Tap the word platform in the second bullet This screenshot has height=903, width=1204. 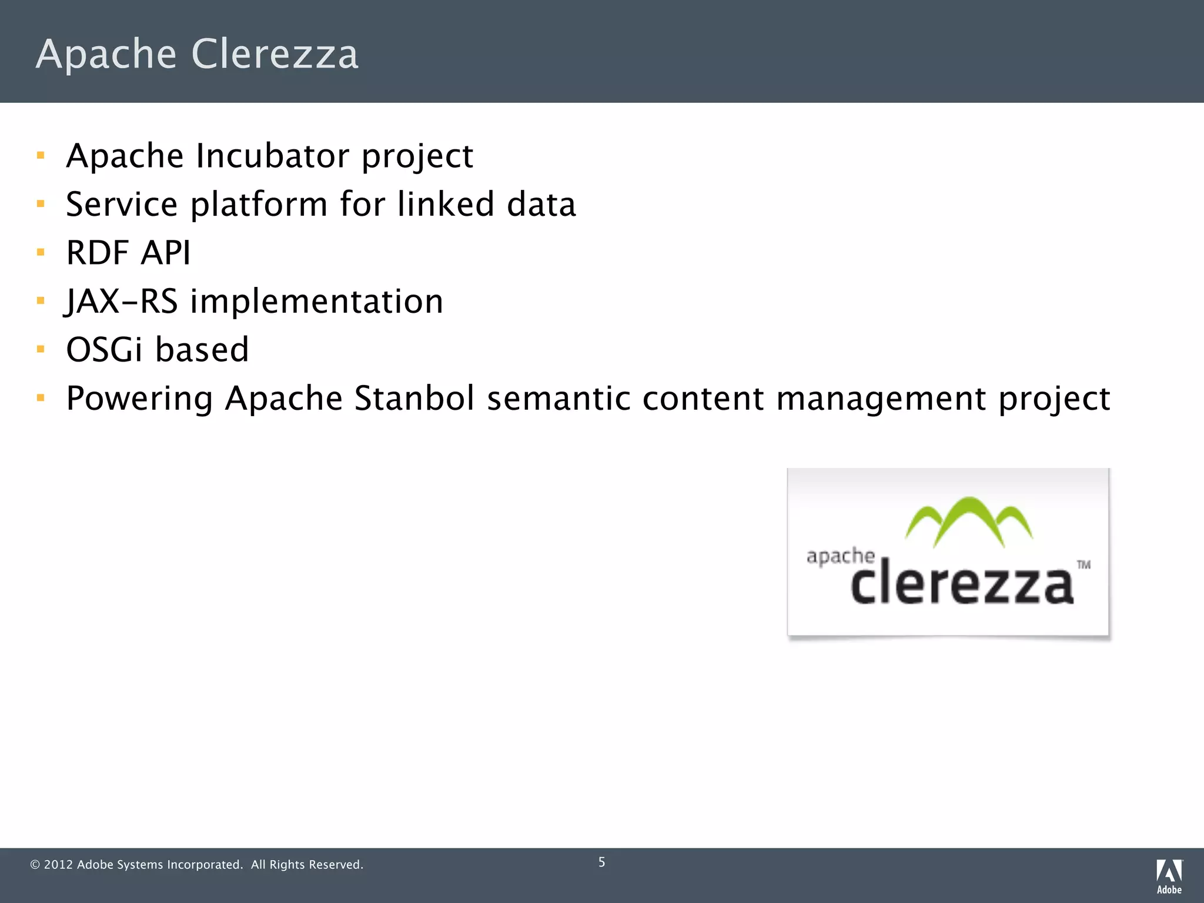point(259,205)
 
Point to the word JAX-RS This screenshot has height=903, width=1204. point(121,302)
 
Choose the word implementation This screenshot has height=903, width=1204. point(316,302)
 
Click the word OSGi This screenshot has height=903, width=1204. point(104,350)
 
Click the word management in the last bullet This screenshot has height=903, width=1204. point(880,399)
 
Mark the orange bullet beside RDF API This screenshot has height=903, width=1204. point(41,253)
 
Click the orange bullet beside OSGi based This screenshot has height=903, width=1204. point(41,349)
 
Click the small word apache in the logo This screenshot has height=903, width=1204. point(841,556)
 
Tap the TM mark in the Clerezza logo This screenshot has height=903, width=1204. point(1083,565)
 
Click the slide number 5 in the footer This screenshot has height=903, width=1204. point(601,862)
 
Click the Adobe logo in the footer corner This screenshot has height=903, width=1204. point(1169,876)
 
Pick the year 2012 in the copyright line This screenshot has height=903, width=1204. point(58,865)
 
